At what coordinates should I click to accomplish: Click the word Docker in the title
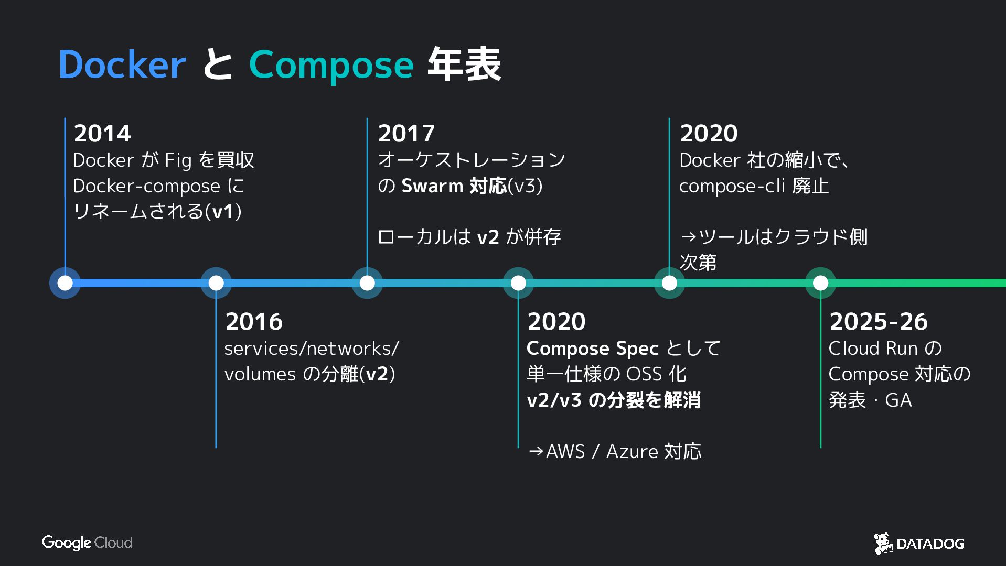pos(122,65)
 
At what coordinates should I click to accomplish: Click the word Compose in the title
pos(331,65)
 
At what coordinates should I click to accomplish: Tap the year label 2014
pos(102,133)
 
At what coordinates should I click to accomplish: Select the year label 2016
pos(254,321)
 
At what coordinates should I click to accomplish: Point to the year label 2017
pos(406,133)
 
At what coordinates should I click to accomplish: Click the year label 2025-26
pos(879,321)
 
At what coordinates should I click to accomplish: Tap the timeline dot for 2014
pos(65,283)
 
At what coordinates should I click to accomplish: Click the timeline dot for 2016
pos(216,283)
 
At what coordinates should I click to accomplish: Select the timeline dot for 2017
pos(367,283)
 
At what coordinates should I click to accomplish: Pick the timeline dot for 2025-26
pos(820,283)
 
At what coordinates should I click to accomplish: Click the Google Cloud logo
pos(87,542)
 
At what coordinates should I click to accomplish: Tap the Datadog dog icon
pos(883,543)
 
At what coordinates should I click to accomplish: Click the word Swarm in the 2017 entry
pos(432,186)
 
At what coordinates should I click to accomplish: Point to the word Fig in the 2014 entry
pos(178,160)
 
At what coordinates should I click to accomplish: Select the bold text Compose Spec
pos(592,349)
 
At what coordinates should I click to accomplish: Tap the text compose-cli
pos(732,186)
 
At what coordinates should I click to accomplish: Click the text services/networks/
pos(312,349)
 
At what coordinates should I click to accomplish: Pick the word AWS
pos(565,451)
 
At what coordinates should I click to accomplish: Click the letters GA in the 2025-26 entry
pos(898,400)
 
